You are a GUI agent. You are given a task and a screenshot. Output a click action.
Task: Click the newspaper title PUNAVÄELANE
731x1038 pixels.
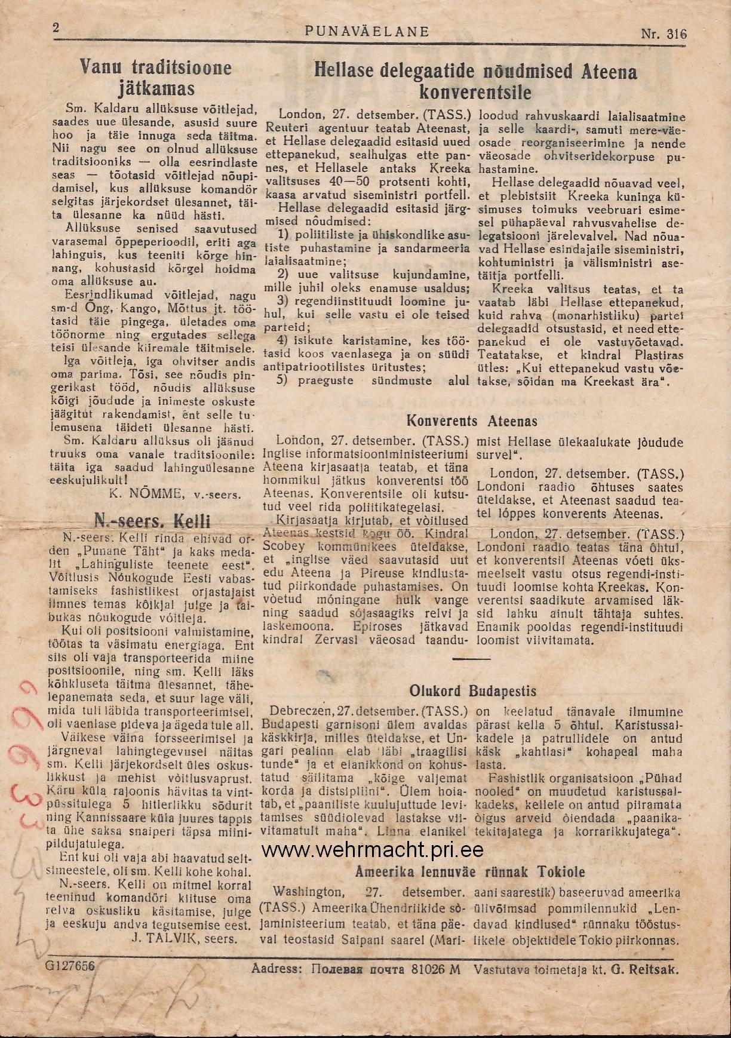coord(367,31)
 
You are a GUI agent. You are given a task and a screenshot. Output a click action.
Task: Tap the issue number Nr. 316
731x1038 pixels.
coord(664,33)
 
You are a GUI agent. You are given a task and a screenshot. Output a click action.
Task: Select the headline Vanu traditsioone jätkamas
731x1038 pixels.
coord(156,78)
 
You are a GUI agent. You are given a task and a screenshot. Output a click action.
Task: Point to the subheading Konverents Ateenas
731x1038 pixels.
coord(472,420)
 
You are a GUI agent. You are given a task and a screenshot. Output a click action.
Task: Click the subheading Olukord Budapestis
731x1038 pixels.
coord(472,691)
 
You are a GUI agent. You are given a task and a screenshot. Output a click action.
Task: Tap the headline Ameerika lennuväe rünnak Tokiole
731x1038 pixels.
coord(470,871)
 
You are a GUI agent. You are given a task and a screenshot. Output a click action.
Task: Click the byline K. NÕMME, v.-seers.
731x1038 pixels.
coord(175,493)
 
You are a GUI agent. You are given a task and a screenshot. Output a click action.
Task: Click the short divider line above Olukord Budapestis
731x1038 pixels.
coord(471,659)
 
